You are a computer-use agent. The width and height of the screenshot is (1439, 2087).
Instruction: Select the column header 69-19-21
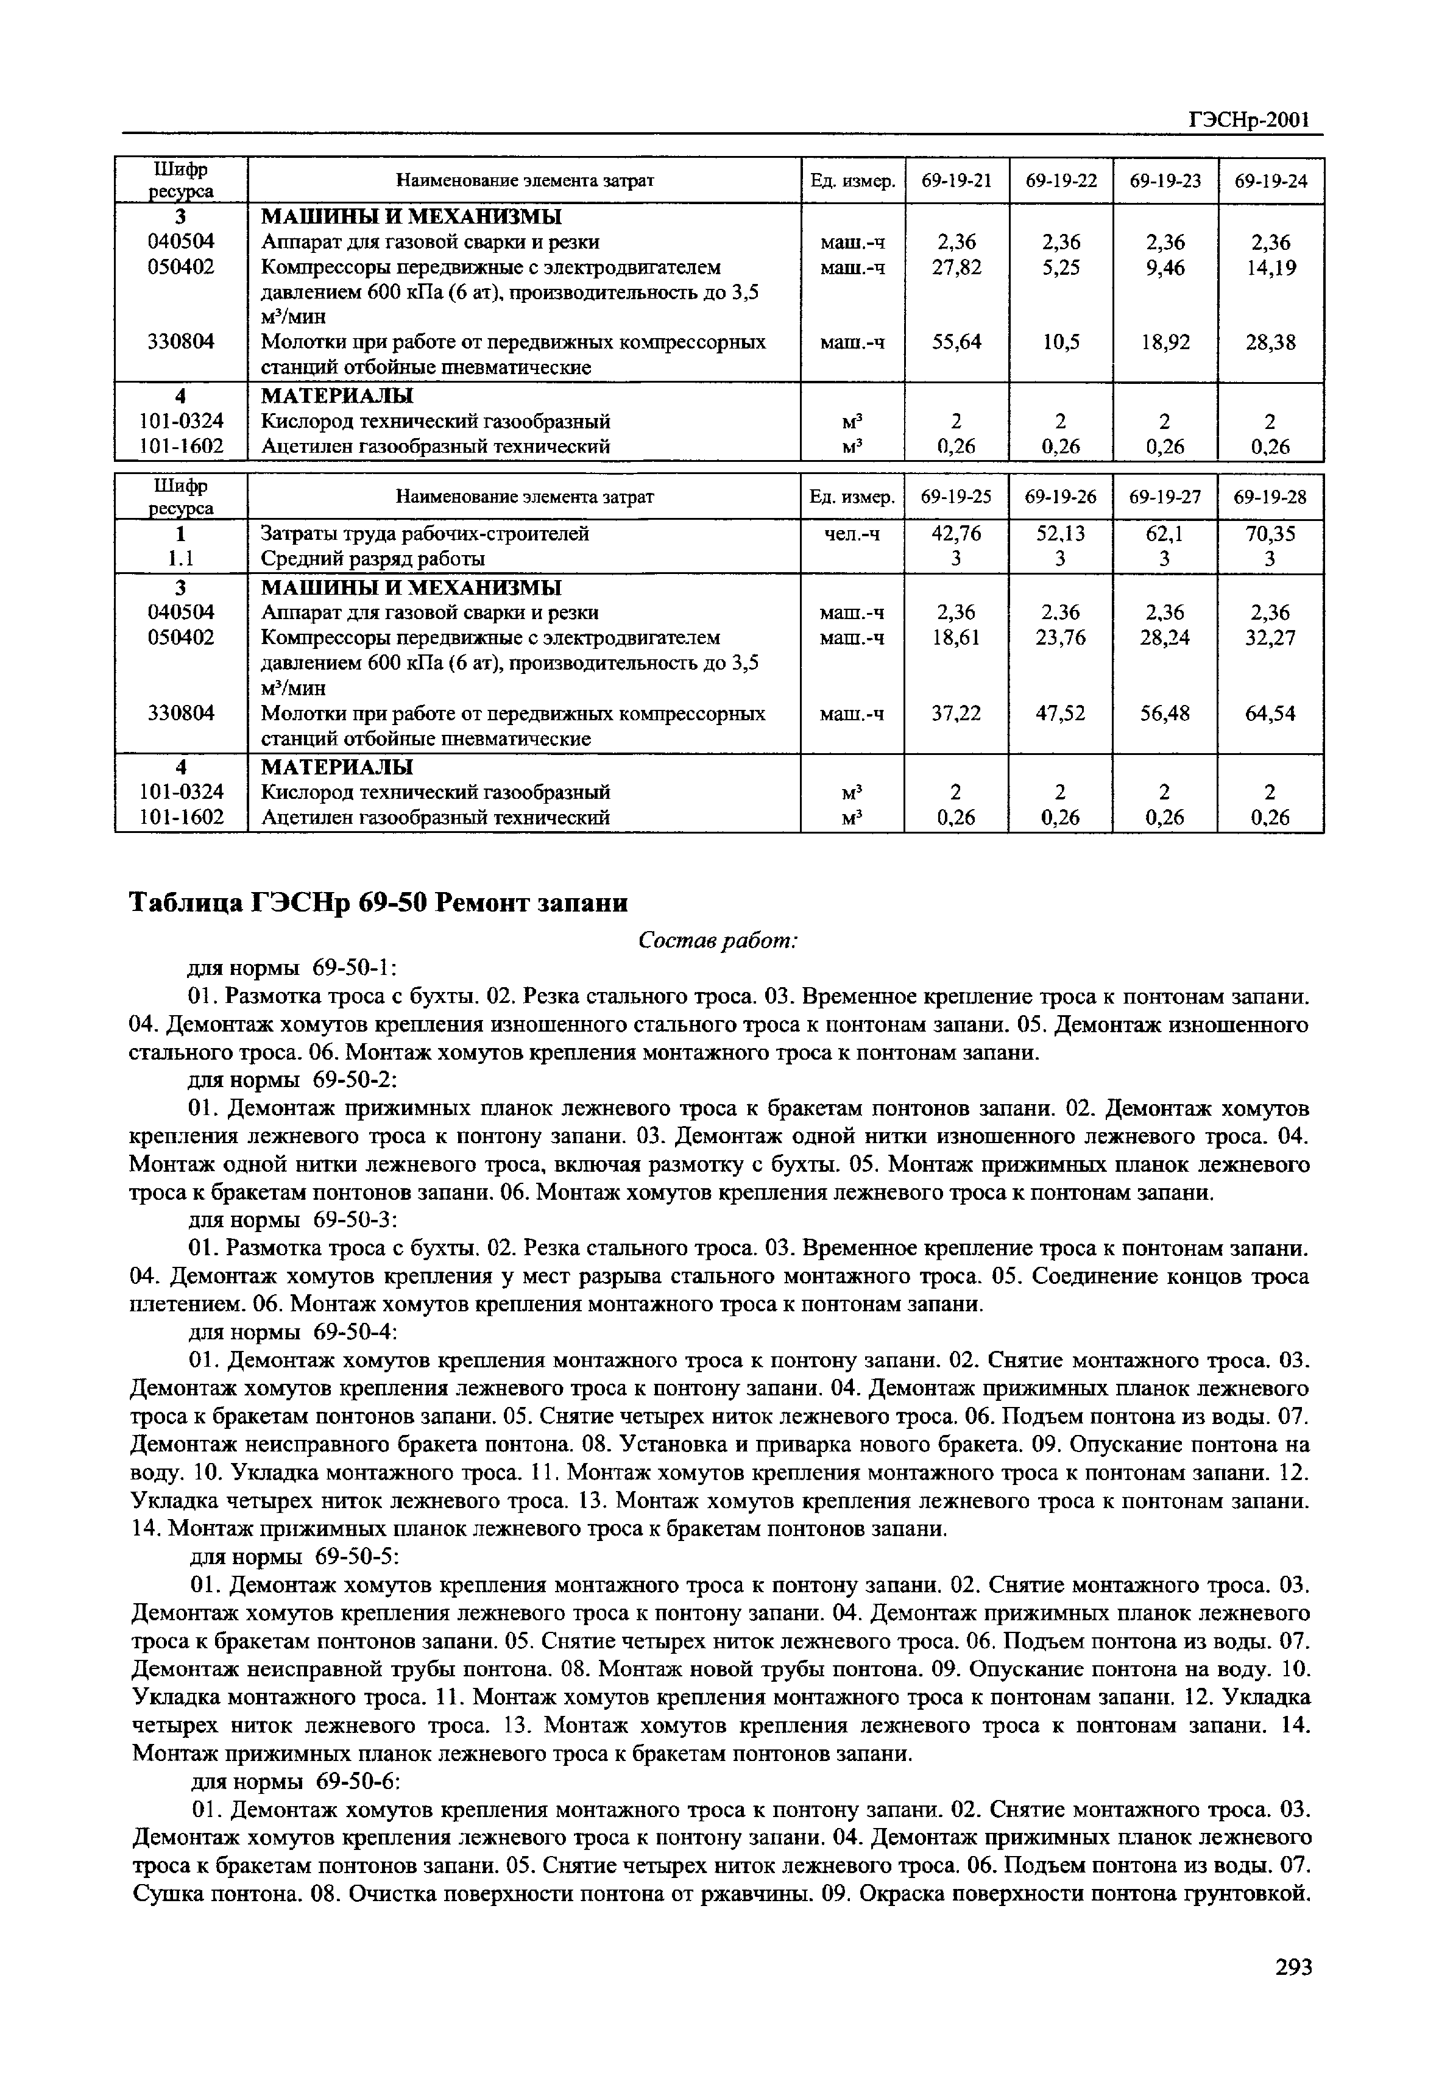tap(956, 180)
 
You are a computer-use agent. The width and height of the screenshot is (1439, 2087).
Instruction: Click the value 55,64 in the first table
tap(956, 342)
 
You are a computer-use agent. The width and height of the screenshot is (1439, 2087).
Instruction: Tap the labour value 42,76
tap(956, 534)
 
